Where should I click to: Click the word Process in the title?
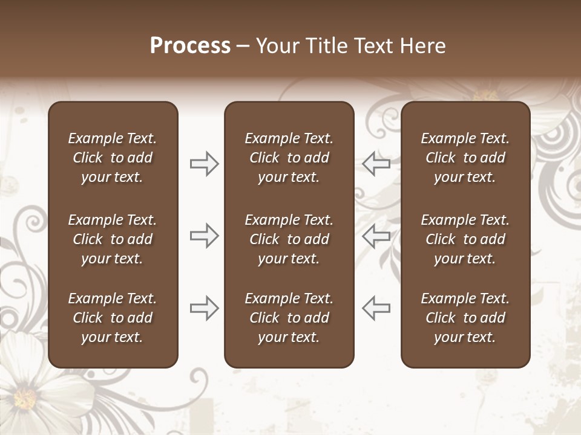190,46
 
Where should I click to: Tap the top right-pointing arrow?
205,163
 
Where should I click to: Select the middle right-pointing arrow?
205,235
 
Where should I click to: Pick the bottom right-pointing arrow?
205,308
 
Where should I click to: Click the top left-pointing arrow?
376,163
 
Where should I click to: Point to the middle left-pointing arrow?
376,235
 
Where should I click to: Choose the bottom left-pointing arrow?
376,308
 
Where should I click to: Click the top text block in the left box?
113,158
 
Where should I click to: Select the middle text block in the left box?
113,239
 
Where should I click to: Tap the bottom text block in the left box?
113,318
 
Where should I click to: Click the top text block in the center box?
289,158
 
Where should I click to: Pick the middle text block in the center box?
289,239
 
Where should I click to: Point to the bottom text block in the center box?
289,318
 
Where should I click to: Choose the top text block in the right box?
465,158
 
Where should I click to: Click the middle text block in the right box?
465,239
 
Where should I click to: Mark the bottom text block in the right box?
465,318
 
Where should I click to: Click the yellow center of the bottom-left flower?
25,399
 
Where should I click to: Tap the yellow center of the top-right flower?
485,95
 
